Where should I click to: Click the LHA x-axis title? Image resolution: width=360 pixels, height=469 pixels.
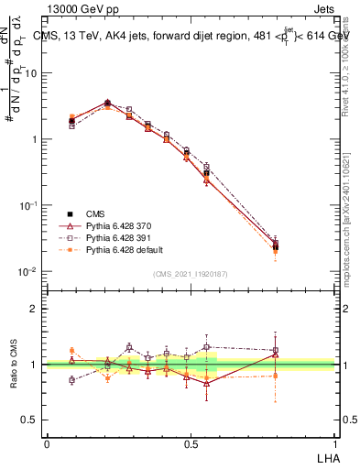(x=329, y=457)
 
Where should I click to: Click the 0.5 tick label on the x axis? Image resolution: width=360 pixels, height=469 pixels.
(x=191, y=444)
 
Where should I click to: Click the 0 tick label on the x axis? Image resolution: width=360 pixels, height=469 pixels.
(x=47, y=444)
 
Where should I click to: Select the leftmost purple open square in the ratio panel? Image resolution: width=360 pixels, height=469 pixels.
(x=71, y=380)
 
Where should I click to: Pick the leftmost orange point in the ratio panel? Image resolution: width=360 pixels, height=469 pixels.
(x=71, y=351)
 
